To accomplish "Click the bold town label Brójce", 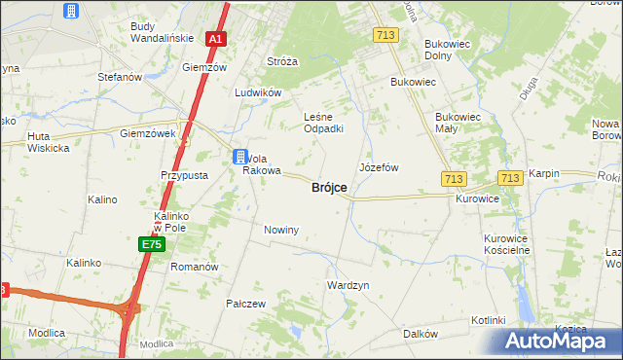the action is pos(329,188).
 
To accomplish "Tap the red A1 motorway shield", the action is pos(217,40).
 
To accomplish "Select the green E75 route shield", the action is pos(151,244).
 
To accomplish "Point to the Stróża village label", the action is pos(282,61).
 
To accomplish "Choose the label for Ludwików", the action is pos(258,93).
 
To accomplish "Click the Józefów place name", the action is pos(379,167).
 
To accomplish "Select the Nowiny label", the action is pos(281,230).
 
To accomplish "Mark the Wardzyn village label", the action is pos(348,286).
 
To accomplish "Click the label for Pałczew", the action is pos(246,304).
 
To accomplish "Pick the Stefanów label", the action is pos(121,76).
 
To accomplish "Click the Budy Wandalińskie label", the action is pos(159,34).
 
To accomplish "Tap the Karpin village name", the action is pos(545,173).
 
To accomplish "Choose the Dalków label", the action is pos(420,334).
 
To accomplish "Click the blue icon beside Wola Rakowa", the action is pos(239,156).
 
